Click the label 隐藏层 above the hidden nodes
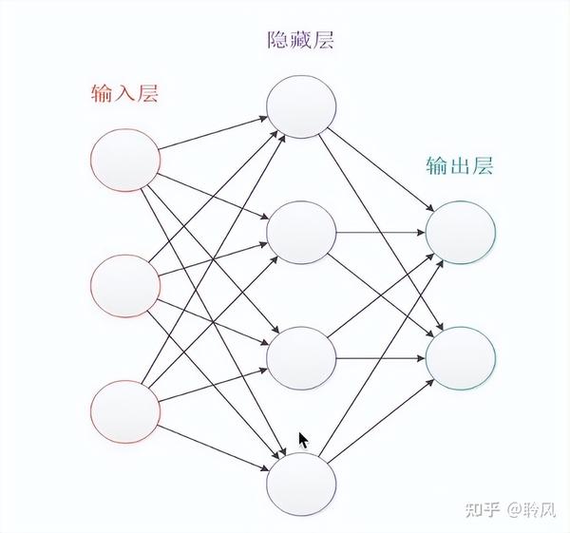301,41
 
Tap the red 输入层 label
124,93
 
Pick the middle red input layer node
125,286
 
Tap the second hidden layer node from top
301,232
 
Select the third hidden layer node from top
301,358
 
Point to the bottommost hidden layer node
301,483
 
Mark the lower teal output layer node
461,358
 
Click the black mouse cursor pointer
304,441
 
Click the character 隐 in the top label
279,41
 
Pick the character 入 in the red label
124,93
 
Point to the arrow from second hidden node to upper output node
380,232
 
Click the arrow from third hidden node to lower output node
380,358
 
